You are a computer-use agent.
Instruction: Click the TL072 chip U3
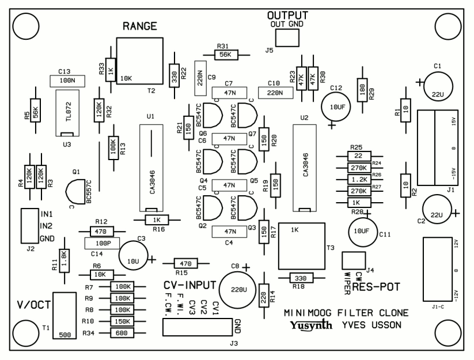(67, 113)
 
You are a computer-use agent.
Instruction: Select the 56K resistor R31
(226, 55)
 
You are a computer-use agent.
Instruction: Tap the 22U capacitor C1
(438, 86)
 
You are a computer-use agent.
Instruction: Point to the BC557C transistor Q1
(75, 192)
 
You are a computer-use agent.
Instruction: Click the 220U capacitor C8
(238, 290)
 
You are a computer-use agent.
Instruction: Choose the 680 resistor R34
(122, 333)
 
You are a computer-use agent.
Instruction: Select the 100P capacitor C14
(102, 243)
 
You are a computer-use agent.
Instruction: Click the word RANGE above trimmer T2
(139, 26)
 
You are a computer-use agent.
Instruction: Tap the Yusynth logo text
(311, 325)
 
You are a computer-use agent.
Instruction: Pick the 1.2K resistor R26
(359, 180)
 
